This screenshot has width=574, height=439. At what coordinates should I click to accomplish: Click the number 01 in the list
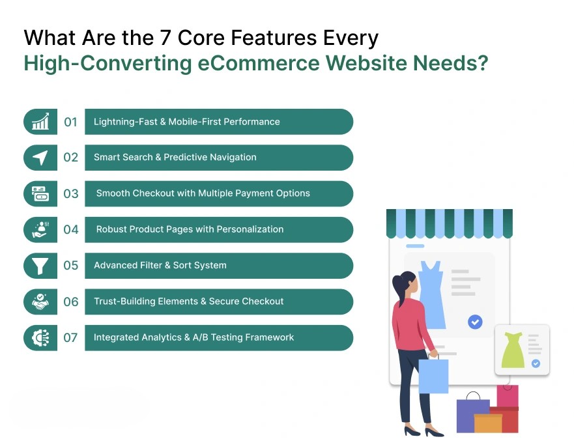click(x=70, y=122)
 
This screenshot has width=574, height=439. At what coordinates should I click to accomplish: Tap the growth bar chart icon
click(x=40, y=121)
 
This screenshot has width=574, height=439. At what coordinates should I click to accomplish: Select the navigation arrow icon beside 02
click(x=40, y=158)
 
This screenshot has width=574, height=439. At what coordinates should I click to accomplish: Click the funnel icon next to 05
click(x=40, y=266)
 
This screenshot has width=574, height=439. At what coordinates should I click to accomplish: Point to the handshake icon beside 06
click(x=40, y=302)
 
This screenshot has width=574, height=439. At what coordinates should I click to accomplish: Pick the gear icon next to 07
click(x=40, y=337)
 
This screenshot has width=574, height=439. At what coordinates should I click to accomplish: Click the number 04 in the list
click(x=70, y=230)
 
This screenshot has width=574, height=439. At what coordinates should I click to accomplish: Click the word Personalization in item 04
click(x=250, y=229)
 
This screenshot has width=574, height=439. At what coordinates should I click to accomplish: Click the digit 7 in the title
click(x=165, y=38)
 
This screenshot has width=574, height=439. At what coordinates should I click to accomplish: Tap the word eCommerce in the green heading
click(x=259, y=63)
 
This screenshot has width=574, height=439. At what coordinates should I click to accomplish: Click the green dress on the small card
click(x=513, y=350)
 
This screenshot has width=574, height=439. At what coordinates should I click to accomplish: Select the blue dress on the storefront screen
click(x=432, y=295)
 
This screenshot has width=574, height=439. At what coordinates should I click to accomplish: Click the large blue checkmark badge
click(x=475, y=322)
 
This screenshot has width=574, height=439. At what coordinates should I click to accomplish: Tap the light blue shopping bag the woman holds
click(x=433, y=375)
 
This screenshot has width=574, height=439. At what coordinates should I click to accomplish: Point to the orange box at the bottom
click(x=488, y=423)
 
